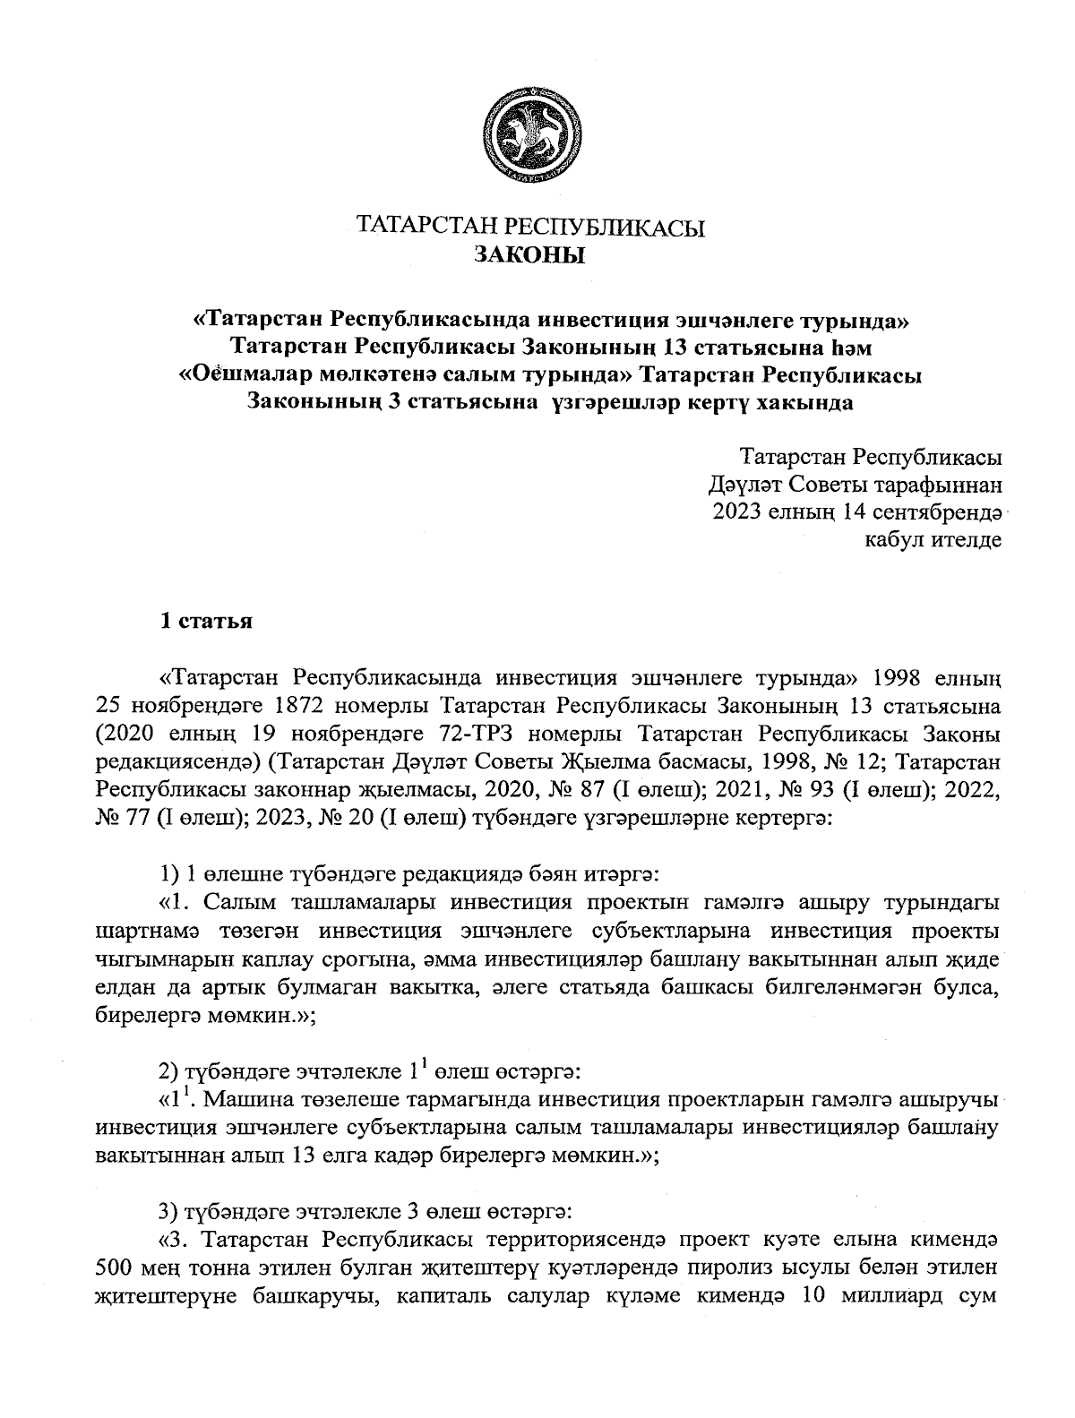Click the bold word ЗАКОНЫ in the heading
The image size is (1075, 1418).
click(x=530, y=256)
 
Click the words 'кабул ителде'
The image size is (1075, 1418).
click(x=933, y=540)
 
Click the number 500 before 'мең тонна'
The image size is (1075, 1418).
click(x=114, y=1269)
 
